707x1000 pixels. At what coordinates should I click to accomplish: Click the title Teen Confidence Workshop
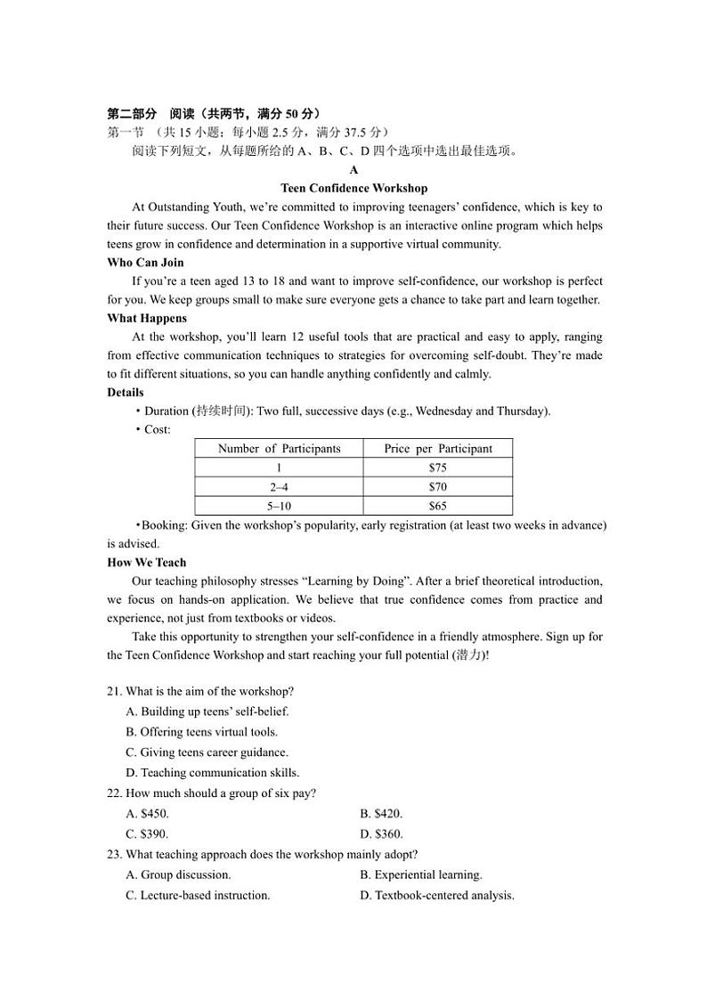[x=353, y=188]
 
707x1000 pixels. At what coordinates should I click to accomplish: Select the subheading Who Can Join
[x=145, y=262]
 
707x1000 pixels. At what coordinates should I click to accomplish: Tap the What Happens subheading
[x=147, y=318]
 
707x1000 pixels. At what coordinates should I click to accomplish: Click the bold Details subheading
[x=126, y=392]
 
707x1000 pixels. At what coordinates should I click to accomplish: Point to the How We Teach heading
[x=147, y=562]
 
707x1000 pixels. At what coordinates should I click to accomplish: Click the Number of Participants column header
[x=279, y=449]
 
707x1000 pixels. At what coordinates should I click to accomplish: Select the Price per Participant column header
[x=437, y=449]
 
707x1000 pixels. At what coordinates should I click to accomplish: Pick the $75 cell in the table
[x=437, y=467]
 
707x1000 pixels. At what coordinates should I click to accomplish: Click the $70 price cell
[x=437, y=487]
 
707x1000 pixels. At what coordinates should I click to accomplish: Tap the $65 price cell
[x=437, y=506]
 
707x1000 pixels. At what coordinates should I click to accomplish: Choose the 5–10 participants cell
[x=279, y=506]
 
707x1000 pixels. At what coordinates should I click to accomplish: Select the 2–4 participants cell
[x=279, y=487]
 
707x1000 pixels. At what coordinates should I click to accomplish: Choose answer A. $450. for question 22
[x=148, y=813]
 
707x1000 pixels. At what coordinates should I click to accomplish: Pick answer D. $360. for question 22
[x=381, y=834]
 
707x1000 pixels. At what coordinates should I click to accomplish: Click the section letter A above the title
[x=353, y=169]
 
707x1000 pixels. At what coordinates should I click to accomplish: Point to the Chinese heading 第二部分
[x=132, y=113]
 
